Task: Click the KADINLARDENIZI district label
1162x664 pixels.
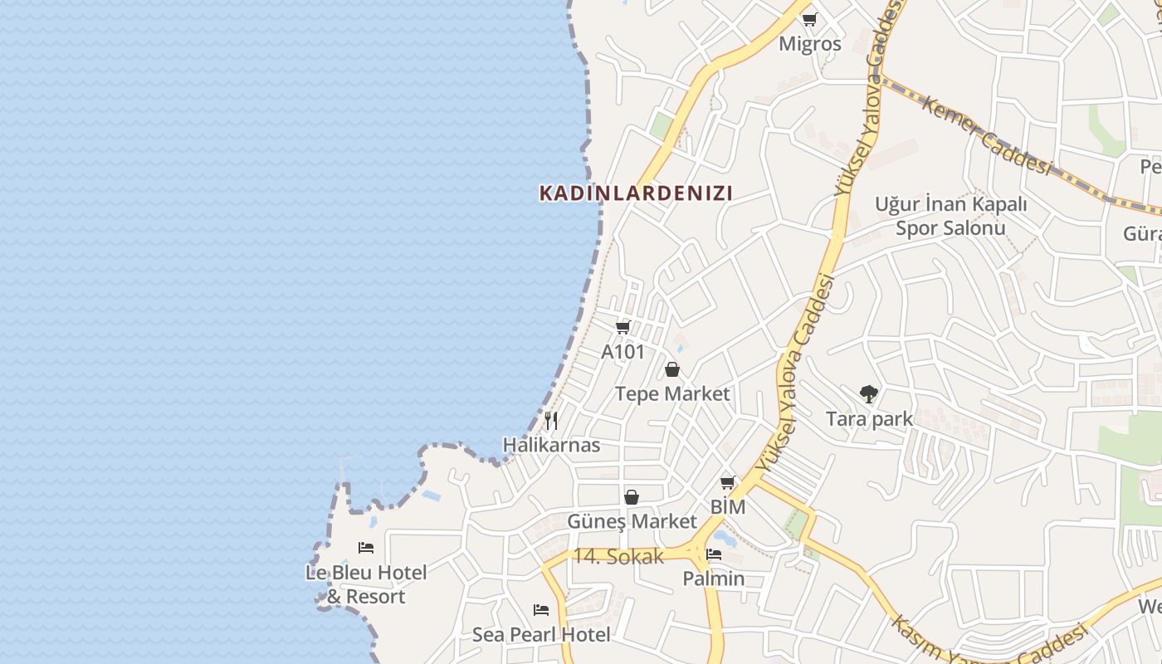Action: (636, 193)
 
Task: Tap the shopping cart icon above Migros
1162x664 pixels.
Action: (809, 19)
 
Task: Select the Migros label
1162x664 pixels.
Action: (809, 44)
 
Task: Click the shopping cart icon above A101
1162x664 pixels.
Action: (623, 327)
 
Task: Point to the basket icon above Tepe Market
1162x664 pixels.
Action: (672, 369)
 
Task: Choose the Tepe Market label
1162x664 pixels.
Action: (672, 393)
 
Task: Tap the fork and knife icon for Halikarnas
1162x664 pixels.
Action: (551, 421)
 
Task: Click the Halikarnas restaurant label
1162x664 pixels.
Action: (551, 445)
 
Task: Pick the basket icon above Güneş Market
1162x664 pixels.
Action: (632, 497)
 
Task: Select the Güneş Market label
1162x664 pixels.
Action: (632, 521)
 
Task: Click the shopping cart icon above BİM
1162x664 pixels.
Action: (728, 482)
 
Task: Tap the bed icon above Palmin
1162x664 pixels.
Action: (714, 554)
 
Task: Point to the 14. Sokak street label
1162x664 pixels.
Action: (618, 557)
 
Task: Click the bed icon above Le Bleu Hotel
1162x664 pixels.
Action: (366, 548)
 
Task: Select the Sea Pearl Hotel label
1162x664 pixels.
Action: (541, 635)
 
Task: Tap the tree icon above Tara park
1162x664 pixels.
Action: (869, 394)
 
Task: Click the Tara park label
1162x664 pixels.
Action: (869, 419)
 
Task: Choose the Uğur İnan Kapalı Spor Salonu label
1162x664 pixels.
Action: (950, 216)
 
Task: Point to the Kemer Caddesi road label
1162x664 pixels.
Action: (987, 138)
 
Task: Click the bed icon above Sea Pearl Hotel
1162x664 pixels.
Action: (541, 610)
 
